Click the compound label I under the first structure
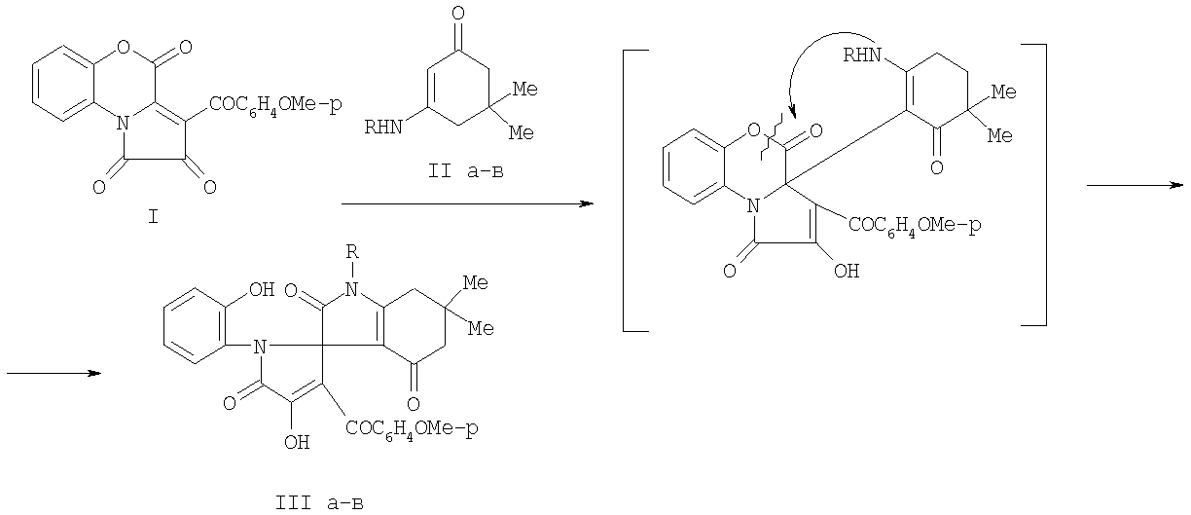tap(153, 216)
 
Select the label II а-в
tap(466, 171)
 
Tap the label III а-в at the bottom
tap(319, 502)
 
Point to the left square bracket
tap(625, 191)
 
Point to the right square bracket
tap(1045, 185)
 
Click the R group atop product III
tap(352, 251)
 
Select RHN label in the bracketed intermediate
tap(862, 55)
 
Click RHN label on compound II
tap(383, 128)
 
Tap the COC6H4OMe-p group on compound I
tap(275, 104)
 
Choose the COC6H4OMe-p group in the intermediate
tap(915, 226)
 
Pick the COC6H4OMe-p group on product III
tap(412, 428)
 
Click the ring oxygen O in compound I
tap(123, 48)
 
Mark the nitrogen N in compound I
tap(123, 124)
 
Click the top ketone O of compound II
tap(457, 14)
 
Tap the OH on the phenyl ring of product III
tap(262, 290)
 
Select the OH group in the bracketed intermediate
tap(847, 272)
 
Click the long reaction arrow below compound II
tap(467, 203)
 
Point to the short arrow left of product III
tap(54, 374)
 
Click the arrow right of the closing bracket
tap(1136, 186)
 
